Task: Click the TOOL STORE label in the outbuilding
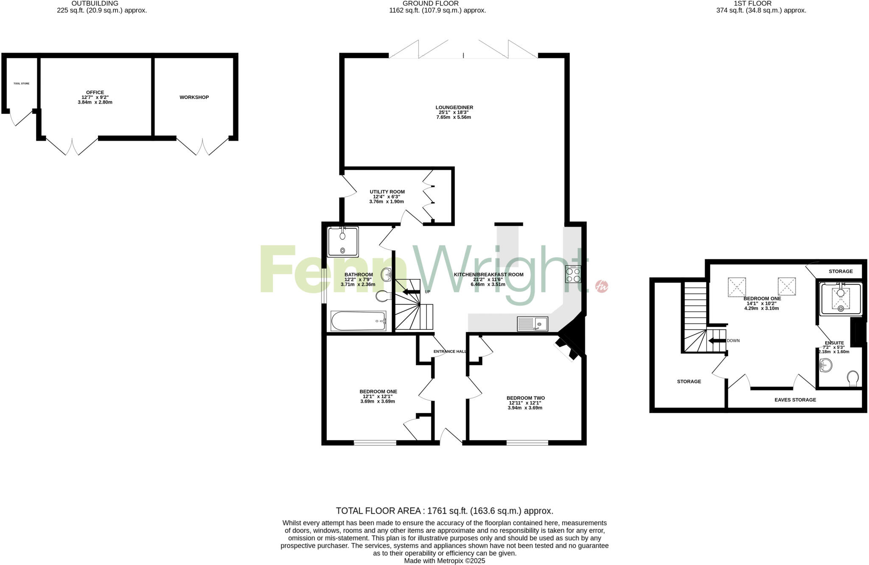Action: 21,84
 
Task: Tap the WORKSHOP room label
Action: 194,97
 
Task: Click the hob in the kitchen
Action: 573,274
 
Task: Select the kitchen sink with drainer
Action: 532,324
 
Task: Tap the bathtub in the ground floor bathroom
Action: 359,321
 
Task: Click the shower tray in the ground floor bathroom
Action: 343,242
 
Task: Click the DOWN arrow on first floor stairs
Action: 717,340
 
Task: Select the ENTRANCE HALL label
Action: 450,351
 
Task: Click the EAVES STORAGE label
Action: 795,400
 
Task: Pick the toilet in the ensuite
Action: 852,378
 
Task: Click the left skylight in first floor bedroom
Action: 737,287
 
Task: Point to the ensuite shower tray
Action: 841,300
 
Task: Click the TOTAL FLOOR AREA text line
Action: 444,511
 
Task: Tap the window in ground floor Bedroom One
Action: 375,443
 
